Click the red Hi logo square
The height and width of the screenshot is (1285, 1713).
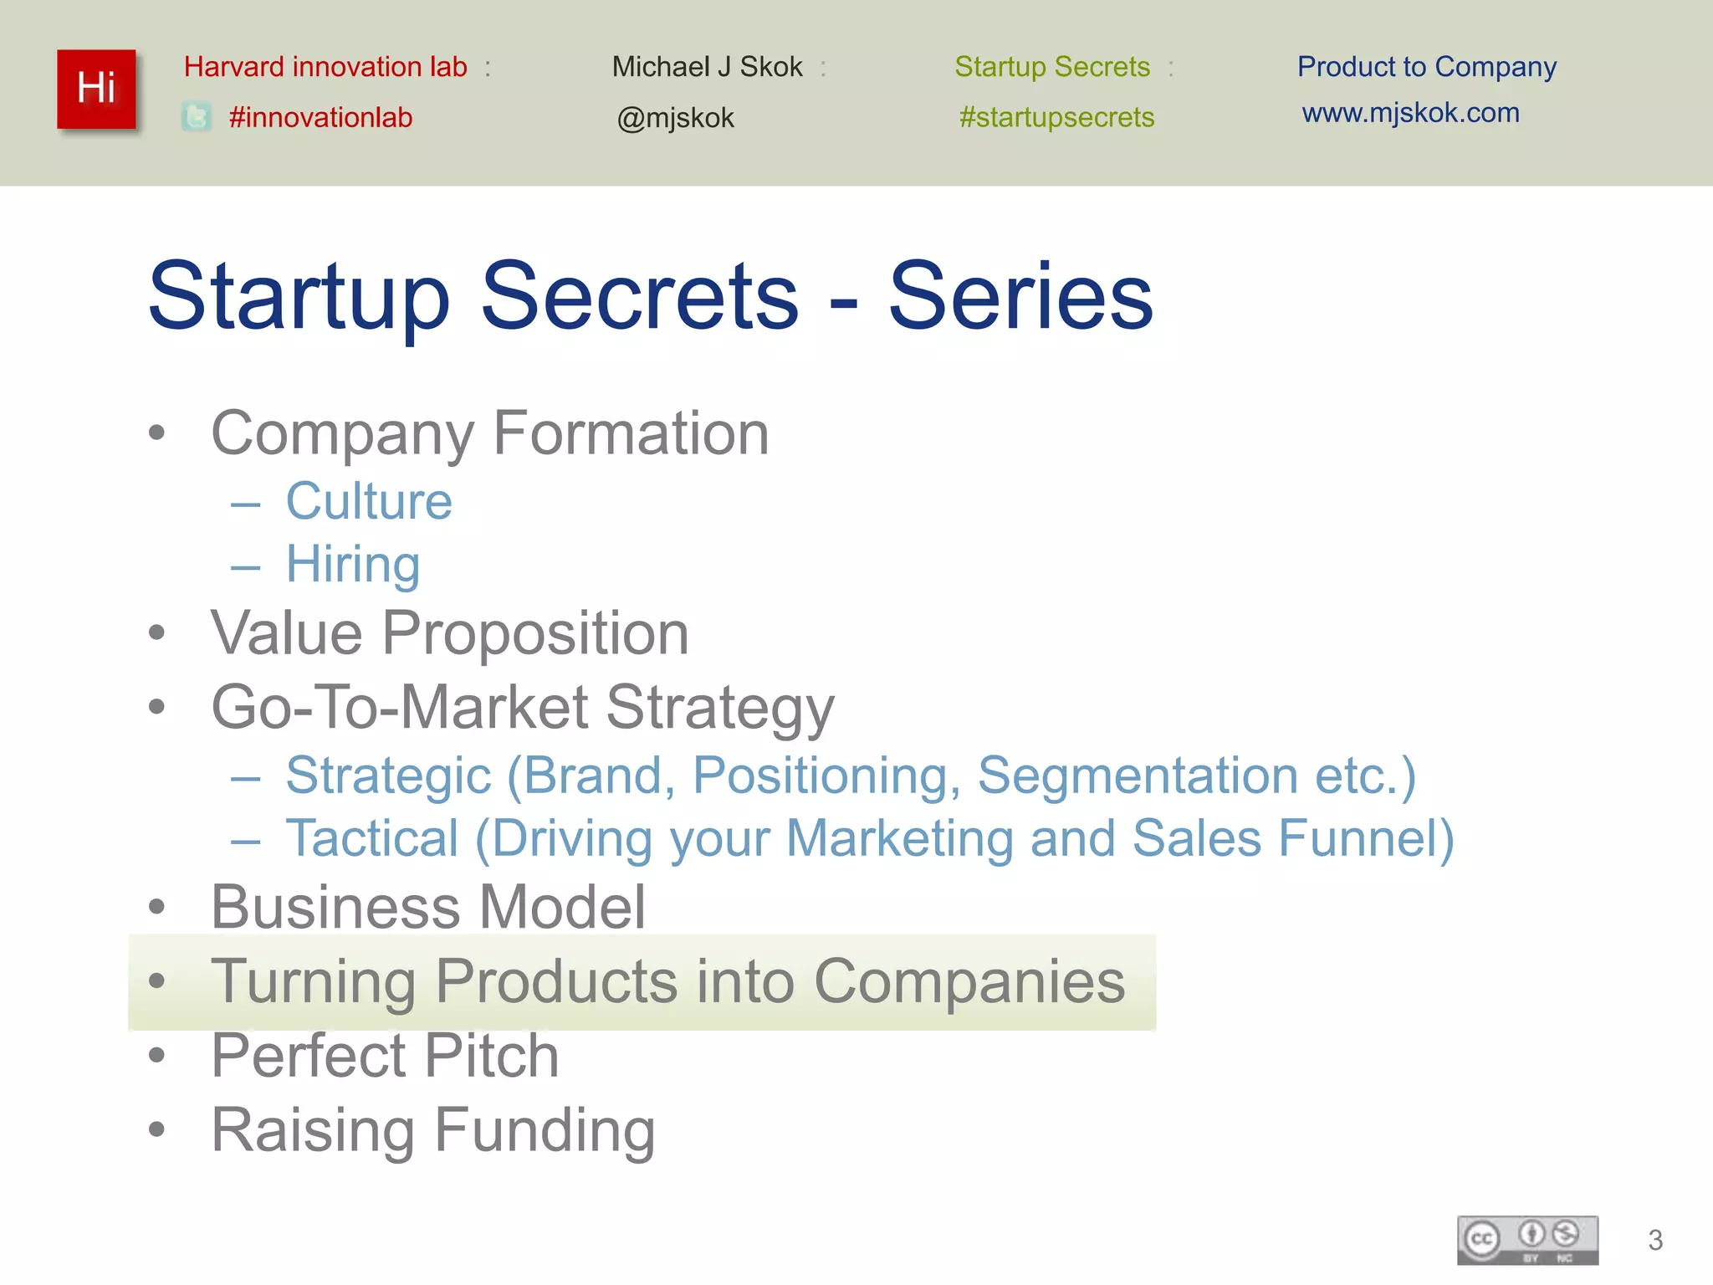click(96, 89)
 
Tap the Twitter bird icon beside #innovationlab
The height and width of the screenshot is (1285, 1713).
click(197, 117)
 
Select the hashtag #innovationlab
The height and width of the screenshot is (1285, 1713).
click(320, 117)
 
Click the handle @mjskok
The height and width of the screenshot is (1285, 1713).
click(675, 118)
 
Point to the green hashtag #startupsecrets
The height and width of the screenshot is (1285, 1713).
click(1056, 117)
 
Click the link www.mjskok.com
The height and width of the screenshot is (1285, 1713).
click(1410, 112)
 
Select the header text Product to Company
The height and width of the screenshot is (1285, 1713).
click(1426, 67)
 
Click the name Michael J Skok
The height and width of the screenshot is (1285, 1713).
click(707, 67)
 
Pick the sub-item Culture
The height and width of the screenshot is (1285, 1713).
click(369, 501)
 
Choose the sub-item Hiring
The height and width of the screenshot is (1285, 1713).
click(353, 564)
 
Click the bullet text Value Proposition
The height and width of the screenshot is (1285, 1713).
click(450, 632)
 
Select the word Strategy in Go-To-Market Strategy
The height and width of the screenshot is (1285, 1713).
click(719, 708)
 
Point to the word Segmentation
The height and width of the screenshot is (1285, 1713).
click(1137, 775)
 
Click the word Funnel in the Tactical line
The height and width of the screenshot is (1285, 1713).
click(1365, 838)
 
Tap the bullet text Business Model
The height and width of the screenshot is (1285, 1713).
click(428, 907)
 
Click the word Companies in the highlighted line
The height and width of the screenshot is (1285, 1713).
click(969, 980)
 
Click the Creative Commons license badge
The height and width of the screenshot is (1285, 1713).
click(1527, 1240)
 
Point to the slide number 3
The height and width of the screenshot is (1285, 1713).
click(1654, 1240)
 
